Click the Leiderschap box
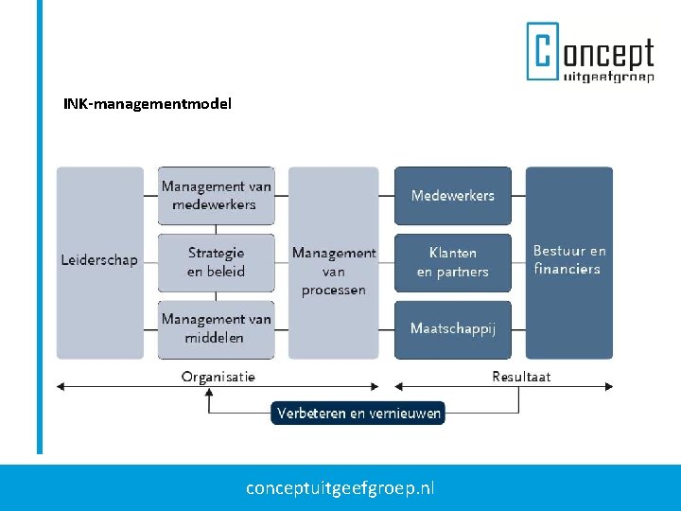click(99, 261)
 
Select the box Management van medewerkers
click(216, 196)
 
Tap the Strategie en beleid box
click(216, 262)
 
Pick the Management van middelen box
click(216, 328)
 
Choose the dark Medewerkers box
click(452, 196)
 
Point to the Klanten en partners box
click(452, 262)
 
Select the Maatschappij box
click(452, 328)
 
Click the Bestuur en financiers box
click(569, 261)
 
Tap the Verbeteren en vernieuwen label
click(358, 414)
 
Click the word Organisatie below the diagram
click(218, 377)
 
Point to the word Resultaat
click(521, 377)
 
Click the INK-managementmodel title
click(147, 102)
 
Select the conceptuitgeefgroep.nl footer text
click(340, 488)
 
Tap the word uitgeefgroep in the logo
click(608, 76)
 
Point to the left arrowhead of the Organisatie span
click(61, 386)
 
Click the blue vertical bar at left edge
click(40, 227)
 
